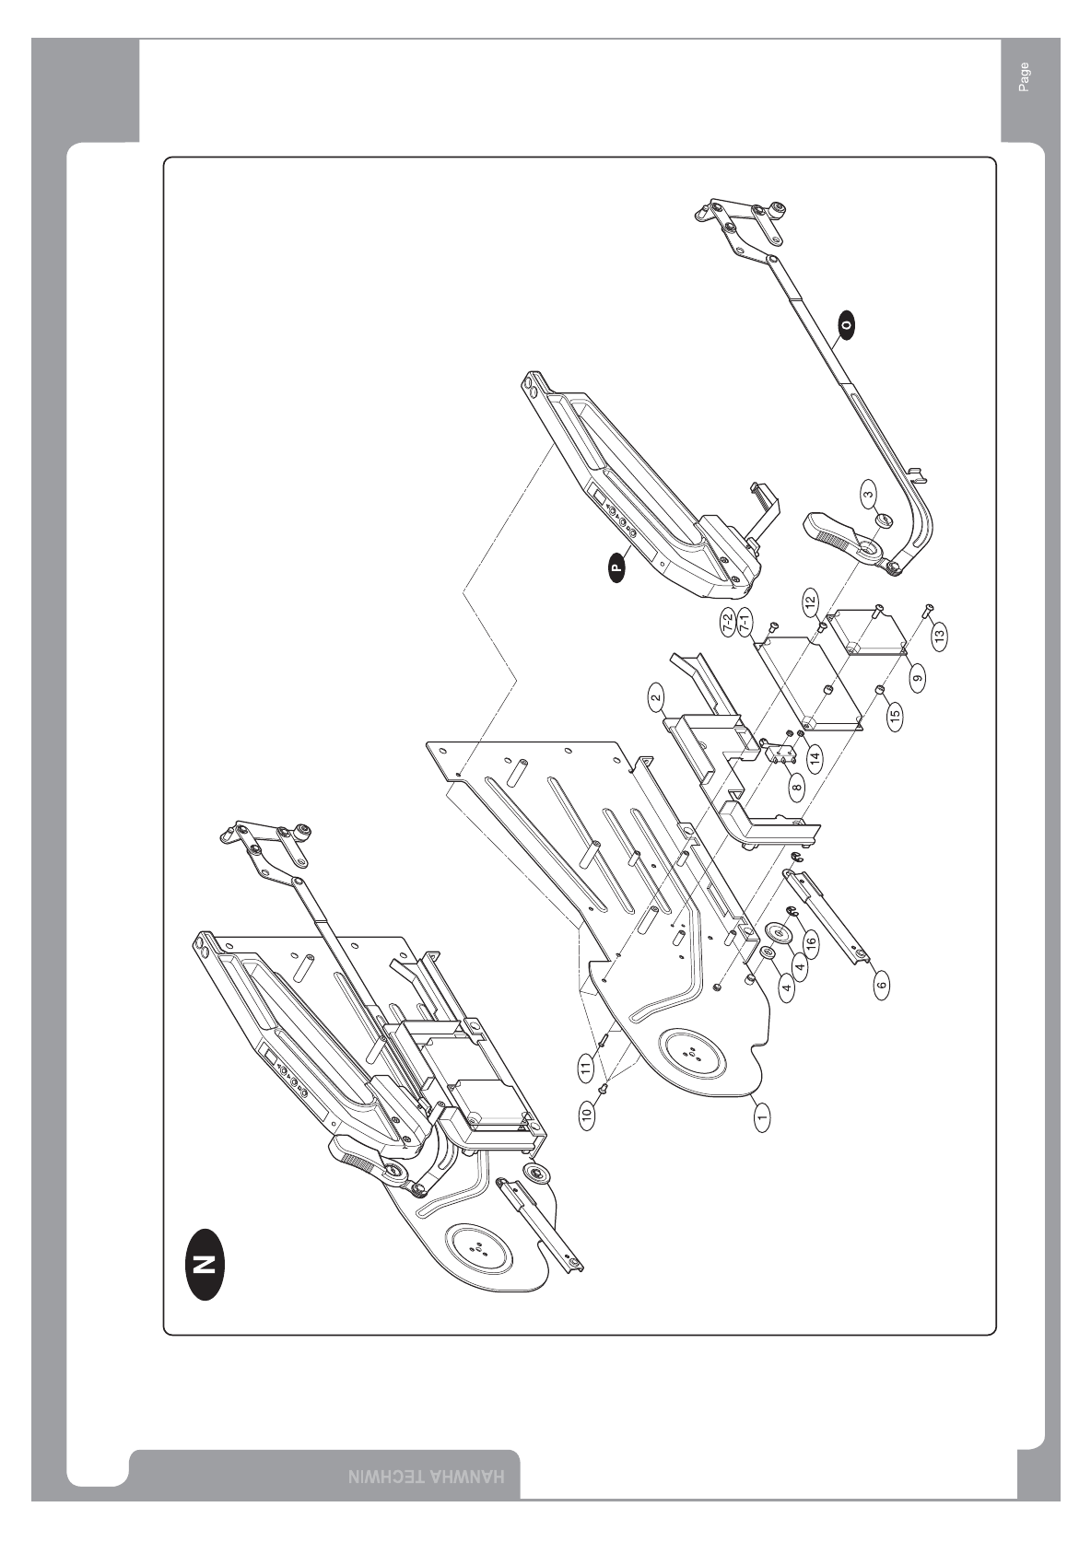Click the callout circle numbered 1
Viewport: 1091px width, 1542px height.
pos(761,1118)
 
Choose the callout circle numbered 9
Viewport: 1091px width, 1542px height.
pos(918,678)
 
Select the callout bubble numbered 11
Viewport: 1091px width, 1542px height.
pos(585,1070)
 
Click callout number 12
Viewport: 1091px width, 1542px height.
pos(810,602)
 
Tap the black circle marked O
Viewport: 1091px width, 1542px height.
pos(846,323)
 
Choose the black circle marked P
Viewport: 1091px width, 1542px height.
pos(616,567)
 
